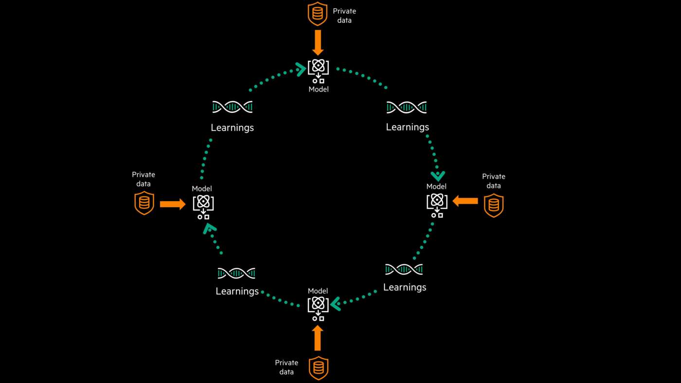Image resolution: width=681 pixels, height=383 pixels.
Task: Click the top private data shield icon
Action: (318, 14)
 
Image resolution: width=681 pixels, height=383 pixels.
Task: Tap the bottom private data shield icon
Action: (319, 368)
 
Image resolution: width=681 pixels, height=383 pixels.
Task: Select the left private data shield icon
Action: (144, 203)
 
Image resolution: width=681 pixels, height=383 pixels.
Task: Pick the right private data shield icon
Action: (493, 205)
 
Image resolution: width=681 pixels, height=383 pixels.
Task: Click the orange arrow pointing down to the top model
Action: (318, 43)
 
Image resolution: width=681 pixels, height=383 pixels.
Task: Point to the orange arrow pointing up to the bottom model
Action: (318, 338)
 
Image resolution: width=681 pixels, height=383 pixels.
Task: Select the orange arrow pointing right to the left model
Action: (173, 204)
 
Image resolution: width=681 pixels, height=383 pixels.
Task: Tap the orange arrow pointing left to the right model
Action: (466, 201)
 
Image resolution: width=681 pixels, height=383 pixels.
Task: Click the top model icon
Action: (318, 71)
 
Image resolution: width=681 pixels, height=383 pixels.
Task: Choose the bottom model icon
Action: (318, 308)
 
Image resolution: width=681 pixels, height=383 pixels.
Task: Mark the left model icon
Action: (203, 207)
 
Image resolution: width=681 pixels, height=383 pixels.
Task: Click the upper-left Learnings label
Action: (232, 128)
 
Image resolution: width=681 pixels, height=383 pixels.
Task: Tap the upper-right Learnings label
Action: (407, 127)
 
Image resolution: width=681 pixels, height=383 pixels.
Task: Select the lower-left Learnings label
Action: (237, 291)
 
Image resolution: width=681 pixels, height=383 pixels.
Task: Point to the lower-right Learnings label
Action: (405, 287)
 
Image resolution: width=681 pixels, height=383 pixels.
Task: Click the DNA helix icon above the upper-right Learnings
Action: (407, 107)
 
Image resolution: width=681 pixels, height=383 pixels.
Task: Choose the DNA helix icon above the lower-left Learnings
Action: (236, 273)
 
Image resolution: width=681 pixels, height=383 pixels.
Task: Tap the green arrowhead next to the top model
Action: (301, 69)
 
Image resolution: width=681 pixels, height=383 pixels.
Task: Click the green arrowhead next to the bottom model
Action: (336, 304)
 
